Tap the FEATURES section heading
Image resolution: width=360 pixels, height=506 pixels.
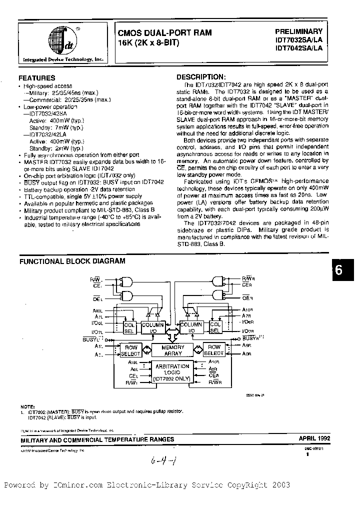37,78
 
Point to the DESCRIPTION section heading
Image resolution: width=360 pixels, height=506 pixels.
201,77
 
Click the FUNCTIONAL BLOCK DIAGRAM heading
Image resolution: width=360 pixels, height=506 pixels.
72,261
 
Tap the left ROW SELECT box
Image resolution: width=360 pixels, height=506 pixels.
131,350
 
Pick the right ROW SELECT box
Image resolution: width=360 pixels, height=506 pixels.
214,350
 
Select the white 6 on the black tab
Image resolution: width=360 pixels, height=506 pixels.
338,270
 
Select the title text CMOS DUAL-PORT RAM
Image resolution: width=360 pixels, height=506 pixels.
164,32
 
